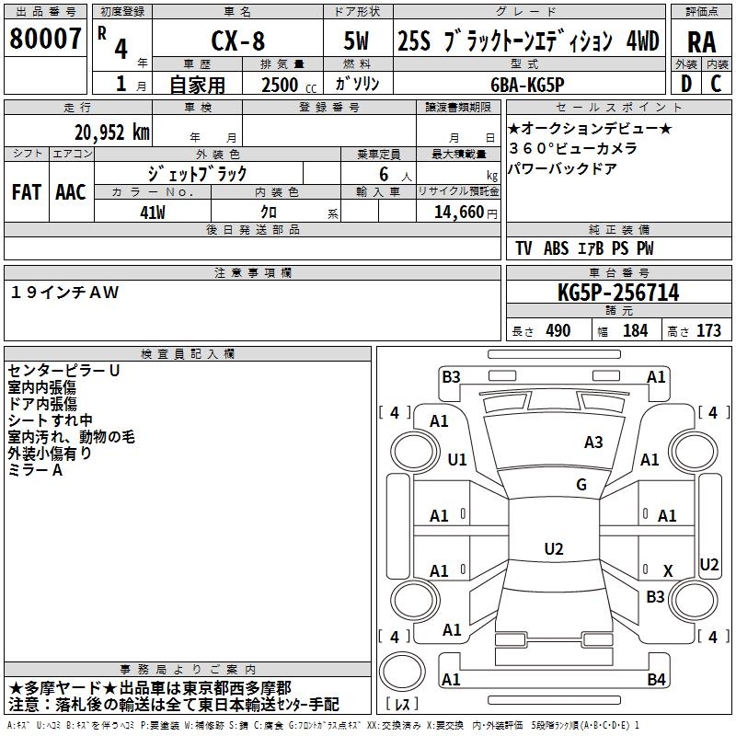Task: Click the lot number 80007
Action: coord(45,39)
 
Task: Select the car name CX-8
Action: coord(236,41)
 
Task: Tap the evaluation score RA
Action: coord(701,41)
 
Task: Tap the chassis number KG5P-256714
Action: coord(618,293)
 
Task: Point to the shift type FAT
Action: coord(27,192)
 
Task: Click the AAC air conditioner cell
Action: coord(70,192)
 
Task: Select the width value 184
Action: coord(635,331)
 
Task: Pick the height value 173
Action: coord(708,331)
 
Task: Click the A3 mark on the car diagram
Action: coord(593,443)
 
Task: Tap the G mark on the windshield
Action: coord(581,485)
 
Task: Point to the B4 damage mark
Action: coord(656,680)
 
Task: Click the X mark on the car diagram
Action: coord(668,571)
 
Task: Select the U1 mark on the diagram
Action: coord(456,459)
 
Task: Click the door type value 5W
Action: coord(359,41)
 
